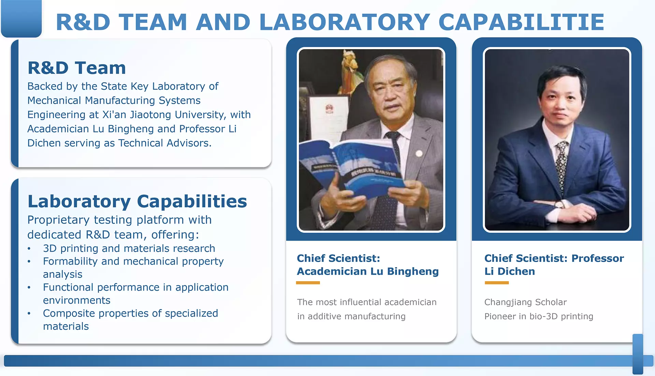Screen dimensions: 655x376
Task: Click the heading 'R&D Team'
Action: (x=77, y=68)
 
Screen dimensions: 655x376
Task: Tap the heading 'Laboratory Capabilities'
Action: (x=137, y=201)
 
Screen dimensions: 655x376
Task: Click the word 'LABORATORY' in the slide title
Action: (x=345, y=22)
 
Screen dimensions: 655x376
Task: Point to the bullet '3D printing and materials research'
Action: (x=129, y=248)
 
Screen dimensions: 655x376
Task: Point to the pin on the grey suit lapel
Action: (x=419, y=154)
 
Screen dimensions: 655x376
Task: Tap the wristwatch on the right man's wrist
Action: (x=559, y=204)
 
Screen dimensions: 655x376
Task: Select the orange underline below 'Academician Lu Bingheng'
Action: (x=308, y=283)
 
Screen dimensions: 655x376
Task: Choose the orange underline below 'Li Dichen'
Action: (x=497, y=283)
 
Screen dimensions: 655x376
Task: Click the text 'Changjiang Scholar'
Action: (x=525, y=302)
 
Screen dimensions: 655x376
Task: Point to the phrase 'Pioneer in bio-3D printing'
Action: (x=539, y=317)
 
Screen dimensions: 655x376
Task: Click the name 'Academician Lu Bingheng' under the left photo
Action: (x=368, y=271)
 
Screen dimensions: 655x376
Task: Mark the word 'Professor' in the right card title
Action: (x=598, y=258)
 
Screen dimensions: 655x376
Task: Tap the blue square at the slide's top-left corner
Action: (x=21, y=18)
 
